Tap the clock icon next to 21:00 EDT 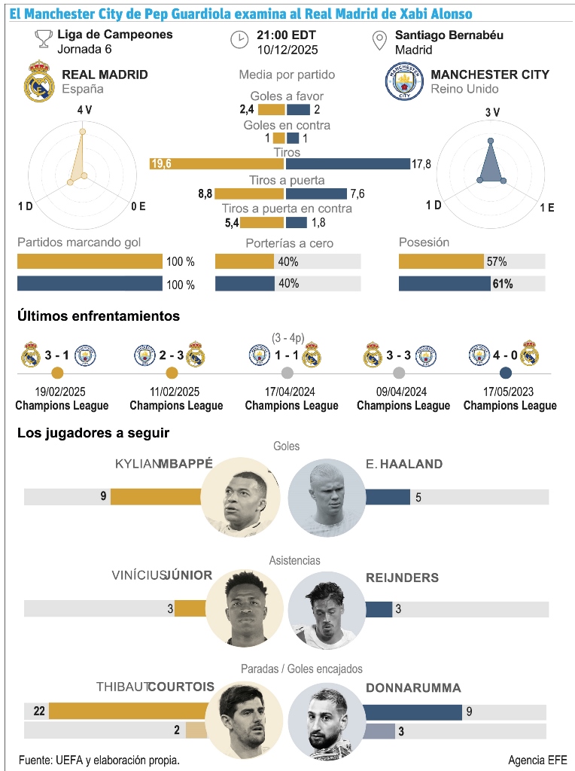point(239,39)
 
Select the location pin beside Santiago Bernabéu point(380,41)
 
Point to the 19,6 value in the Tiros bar point(161,163)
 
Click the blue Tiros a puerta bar point(316,194)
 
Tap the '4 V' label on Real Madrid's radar point(84,111)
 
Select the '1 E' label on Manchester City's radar point(546,206)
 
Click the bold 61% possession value point(503,284)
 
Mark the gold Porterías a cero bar point(245,261)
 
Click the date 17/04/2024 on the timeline point(291,392)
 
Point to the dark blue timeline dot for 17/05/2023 point(506,373)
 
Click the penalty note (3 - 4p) point(287,337)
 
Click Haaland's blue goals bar point(388,497)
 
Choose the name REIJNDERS point(402,577)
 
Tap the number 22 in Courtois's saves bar point(40,711)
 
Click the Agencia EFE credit point(537,760)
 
